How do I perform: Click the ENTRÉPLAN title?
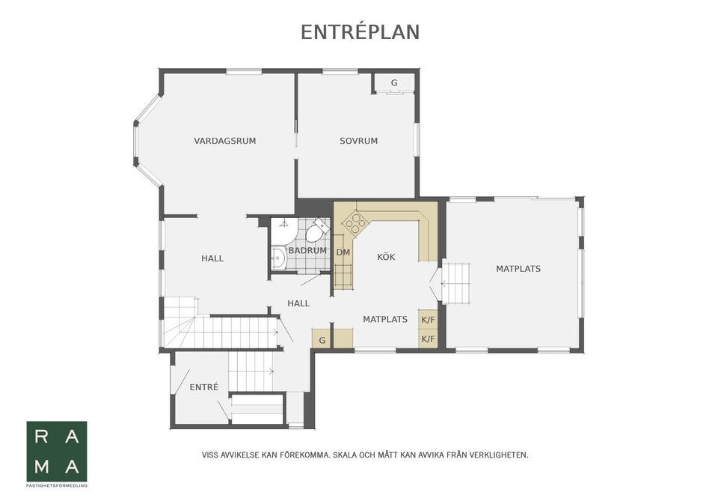tap(360, 32)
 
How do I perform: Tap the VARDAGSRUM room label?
tap(224, 141)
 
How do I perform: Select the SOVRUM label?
tap(358, 141)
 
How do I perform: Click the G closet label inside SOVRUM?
tap(393, 82)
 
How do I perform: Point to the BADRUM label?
tap(307, 250)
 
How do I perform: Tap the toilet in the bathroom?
tap(320, 227)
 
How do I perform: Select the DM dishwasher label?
tap(343, 252)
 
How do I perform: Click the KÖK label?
tap(386, 257)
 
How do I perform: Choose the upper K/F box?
tap(428, 320)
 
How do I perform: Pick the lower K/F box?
tap(428, 339)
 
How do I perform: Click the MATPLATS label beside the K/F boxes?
tap(385, 320)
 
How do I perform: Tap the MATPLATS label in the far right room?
tap(518, 268)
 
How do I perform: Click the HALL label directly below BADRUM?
tap(298, 303)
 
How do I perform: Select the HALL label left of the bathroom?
tap(212, 259)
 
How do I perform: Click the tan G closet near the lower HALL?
tap(322, 340)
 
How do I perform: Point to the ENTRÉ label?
tap(203, 387)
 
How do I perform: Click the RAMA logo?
tap(57, 452)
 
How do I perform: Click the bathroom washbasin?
tap(278, 258)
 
